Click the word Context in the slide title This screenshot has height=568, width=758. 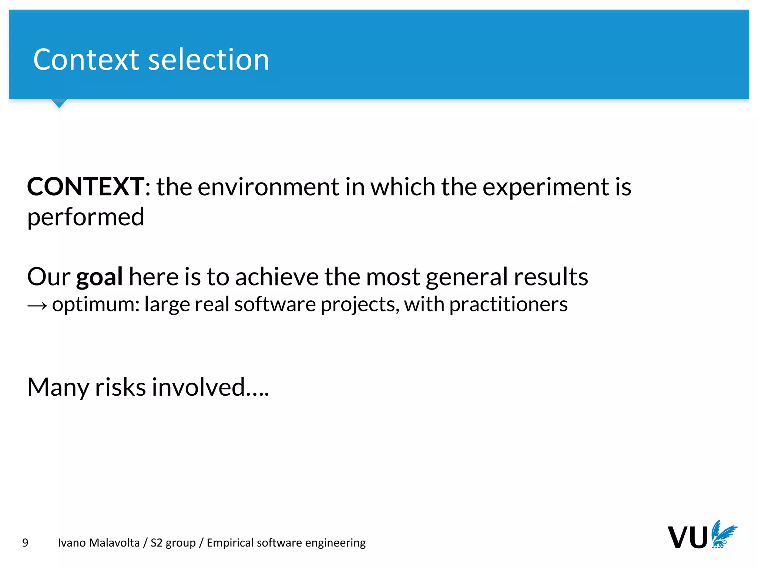(85, 60)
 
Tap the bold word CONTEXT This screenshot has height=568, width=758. (85, 187)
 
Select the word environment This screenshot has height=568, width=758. (268, 187)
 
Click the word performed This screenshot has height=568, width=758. (85, 217)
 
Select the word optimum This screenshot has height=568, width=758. (95, 305)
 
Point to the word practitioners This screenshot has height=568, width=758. (508, 305)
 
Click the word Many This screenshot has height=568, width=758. (58, 388)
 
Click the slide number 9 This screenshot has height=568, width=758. (25, 543)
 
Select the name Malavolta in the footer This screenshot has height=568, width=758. (114, 543)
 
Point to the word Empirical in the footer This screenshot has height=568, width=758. (230, 543)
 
